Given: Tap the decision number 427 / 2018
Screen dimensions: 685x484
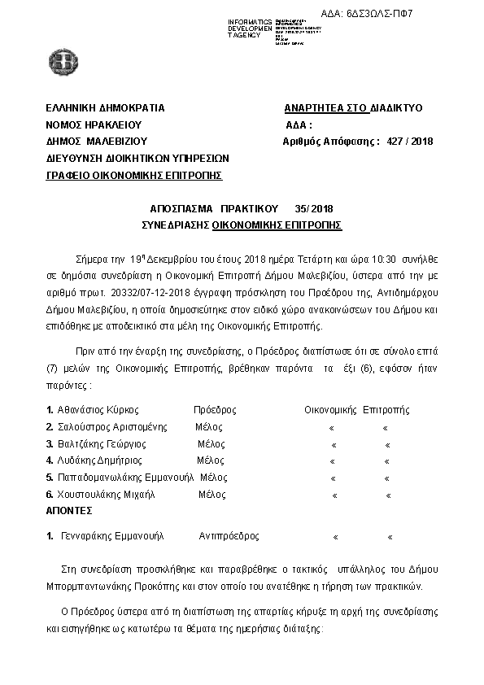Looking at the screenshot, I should [411, 141].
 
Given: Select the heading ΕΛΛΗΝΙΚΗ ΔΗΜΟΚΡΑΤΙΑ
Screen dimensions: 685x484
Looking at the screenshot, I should [106, 108].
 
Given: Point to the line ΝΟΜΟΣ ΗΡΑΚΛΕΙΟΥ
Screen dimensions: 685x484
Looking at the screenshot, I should [94, 124].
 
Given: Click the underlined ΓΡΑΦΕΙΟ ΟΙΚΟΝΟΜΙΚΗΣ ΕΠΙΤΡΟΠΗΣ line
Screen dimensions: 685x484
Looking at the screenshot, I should [134, 174].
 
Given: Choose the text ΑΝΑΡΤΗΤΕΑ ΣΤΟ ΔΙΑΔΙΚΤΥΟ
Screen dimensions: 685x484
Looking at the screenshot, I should [353, 108].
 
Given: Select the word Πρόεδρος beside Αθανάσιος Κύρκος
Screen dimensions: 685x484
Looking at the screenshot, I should [215, 409].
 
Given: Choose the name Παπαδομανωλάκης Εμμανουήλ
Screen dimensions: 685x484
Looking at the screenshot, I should [126, 478].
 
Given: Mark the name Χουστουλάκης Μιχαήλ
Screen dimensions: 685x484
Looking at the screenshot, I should [106, 495].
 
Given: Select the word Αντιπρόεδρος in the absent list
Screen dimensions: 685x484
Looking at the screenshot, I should [229, 537].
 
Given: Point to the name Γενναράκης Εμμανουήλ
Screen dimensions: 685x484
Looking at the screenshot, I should [112, 537].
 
